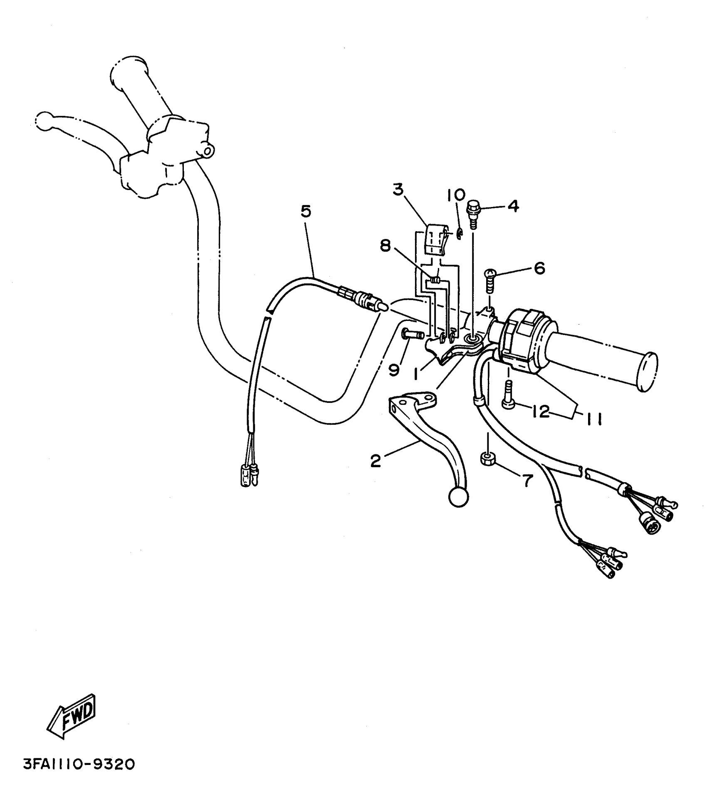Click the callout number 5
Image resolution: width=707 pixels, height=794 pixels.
pyautogui.click(x=306, y=212)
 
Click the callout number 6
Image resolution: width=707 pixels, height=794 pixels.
pyautogui.click(x=539, y=268)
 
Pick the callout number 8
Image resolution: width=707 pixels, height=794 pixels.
pyautogui.click(x=386, y=246)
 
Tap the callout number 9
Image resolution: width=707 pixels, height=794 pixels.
pyautogui.click(x=394, y=369)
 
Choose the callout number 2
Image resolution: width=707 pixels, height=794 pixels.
pyautogui.click(x=376, y=461)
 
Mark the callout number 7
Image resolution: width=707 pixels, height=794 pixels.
pyautogui.click(x=527, y=481)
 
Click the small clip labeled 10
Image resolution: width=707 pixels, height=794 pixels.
pyautogui.click(x=459, y=234)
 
